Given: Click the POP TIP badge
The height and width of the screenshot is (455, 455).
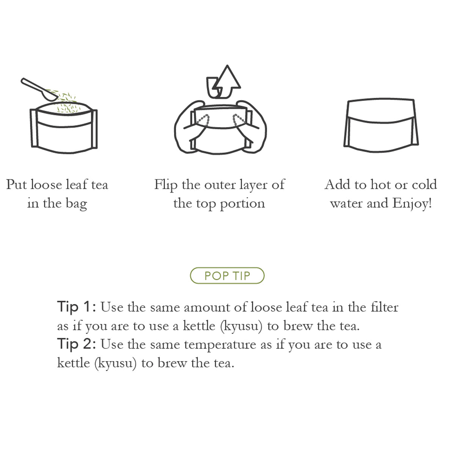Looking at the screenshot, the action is [227, 276].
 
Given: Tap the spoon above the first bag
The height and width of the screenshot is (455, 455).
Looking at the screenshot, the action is [39, 89].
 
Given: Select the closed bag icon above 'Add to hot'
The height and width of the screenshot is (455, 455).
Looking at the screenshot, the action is [381, 125].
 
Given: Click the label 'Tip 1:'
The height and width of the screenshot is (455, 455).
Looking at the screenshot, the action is [77, 307].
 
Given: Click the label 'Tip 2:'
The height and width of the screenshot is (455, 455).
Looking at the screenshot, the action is [77, 344].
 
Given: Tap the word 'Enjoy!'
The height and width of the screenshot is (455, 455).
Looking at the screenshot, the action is [412, 204].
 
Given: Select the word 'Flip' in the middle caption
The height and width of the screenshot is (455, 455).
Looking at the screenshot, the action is [166, 185].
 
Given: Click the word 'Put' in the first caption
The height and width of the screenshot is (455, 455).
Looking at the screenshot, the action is [17, 185].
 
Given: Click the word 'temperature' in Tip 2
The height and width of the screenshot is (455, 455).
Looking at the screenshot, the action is [220, 345].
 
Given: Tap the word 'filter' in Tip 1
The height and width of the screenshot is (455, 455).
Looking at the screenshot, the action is [384, 308].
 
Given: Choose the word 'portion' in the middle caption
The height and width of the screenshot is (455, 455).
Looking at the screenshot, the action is [243, 204].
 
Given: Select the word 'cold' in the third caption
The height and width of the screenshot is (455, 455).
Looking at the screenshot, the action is [425, 185].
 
